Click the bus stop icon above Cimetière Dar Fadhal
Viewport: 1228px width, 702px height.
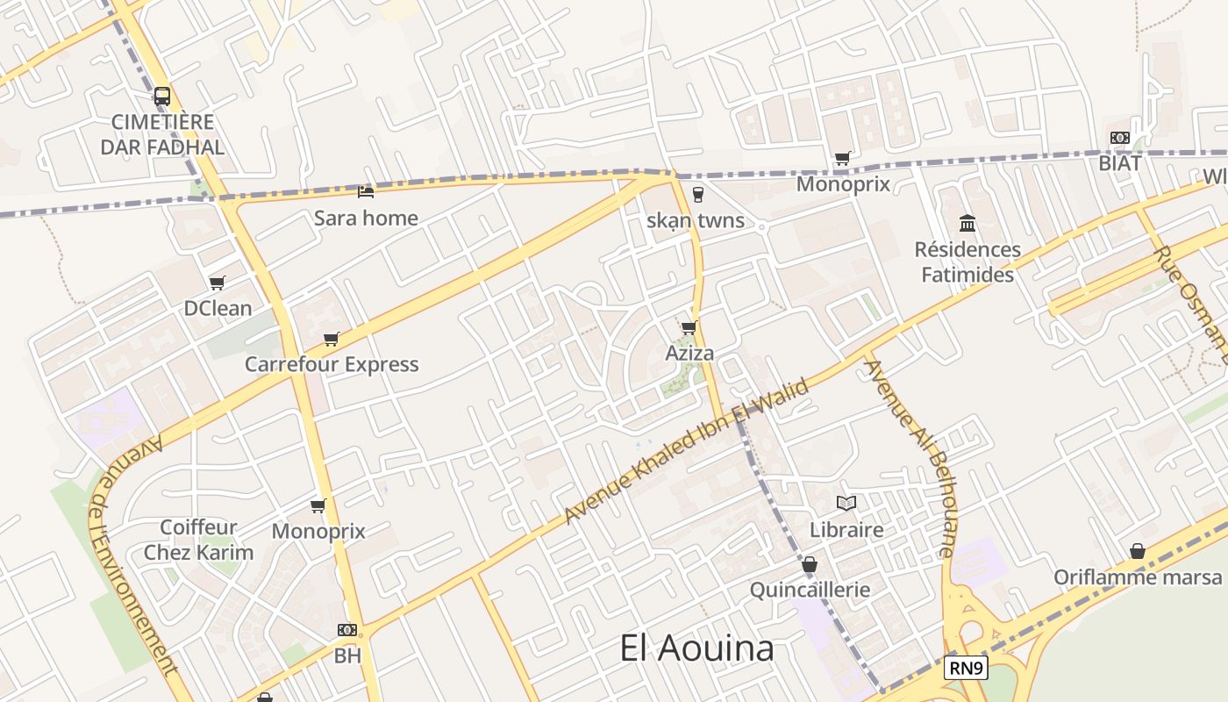162,97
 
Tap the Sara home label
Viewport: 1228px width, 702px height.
366,218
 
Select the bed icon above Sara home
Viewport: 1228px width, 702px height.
366,190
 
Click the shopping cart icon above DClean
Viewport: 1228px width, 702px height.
218,283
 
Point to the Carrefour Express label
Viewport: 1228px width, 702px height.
332,364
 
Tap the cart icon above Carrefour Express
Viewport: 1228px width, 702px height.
332,339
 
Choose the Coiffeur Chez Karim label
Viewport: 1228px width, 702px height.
198,540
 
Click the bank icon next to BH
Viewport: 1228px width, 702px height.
347,630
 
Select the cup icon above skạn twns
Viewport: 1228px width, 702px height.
698,194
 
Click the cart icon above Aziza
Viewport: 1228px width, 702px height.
689,328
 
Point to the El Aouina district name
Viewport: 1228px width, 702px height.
696,648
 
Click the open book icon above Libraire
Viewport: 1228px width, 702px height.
846,504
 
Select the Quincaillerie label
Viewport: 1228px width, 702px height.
810,589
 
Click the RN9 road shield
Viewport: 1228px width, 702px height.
967,669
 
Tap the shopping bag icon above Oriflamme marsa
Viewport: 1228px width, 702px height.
1138,551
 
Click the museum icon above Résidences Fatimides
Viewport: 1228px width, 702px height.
967,223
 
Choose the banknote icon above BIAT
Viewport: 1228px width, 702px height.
1120,138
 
